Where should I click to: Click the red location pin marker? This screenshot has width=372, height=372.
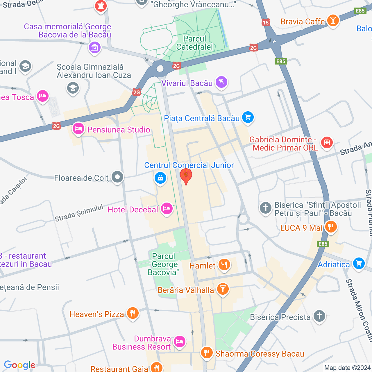pos(186,176)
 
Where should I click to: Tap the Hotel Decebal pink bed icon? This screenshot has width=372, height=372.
pos(167,209)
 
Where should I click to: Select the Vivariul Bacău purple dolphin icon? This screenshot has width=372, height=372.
pos(221,83)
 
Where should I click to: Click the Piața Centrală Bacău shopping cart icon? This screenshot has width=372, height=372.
pos(248,118)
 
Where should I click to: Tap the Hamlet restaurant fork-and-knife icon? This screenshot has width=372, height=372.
pos(224,265)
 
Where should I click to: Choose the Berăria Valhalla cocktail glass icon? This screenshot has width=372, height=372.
pos(223,289)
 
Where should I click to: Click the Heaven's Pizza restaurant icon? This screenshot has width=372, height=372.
pos(133,313)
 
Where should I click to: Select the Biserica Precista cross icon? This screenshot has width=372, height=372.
pos(319,316)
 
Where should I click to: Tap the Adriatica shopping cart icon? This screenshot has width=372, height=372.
pos(359,264)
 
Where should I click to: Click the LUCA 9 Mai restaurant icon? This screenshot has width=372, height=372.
pos(331,227)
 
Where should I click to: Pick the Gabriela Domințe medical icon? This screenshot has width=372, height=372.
pos(327,142)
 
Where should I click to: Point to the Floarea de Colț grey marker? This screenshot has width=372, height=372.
pos(117,177)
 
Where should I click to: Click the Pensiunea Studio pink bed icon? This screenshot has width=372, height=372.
pos(78,129)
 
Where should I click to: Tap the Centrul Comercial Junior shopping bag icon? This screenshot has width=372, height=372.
pos(160,178)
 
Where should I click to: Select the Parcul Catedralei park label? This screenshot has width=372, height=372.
pos(194,43)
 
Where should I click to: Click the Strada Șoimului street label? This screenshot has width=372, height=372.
pos(79,213)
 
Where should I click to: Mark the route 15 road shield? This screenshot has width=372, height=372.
pos(266,22)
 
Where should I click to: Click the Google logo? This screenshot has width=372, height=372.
pos(20,365)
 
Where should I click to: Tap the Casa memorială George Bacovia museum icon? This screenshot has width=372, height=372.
pos(95,47)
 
